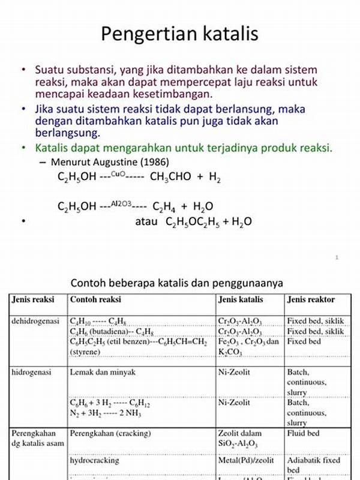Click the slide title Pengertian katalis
coord(179,34)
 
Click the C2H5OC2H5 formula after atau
coord(192,222)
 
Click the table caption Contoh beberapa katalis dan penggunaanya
coord(176,282)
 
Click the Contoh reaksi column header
coord(95,299)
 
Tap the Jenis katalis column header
coord(241,299)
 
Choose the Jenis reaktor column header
coord(311,299)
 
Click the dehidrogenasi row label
coord(35,321)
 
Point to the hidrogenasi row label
coord(32,372)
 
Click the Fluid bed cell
coord(304,433)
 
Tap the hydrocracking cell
coord(95,460)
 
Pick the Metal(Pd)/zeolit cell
coord(246,460)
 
